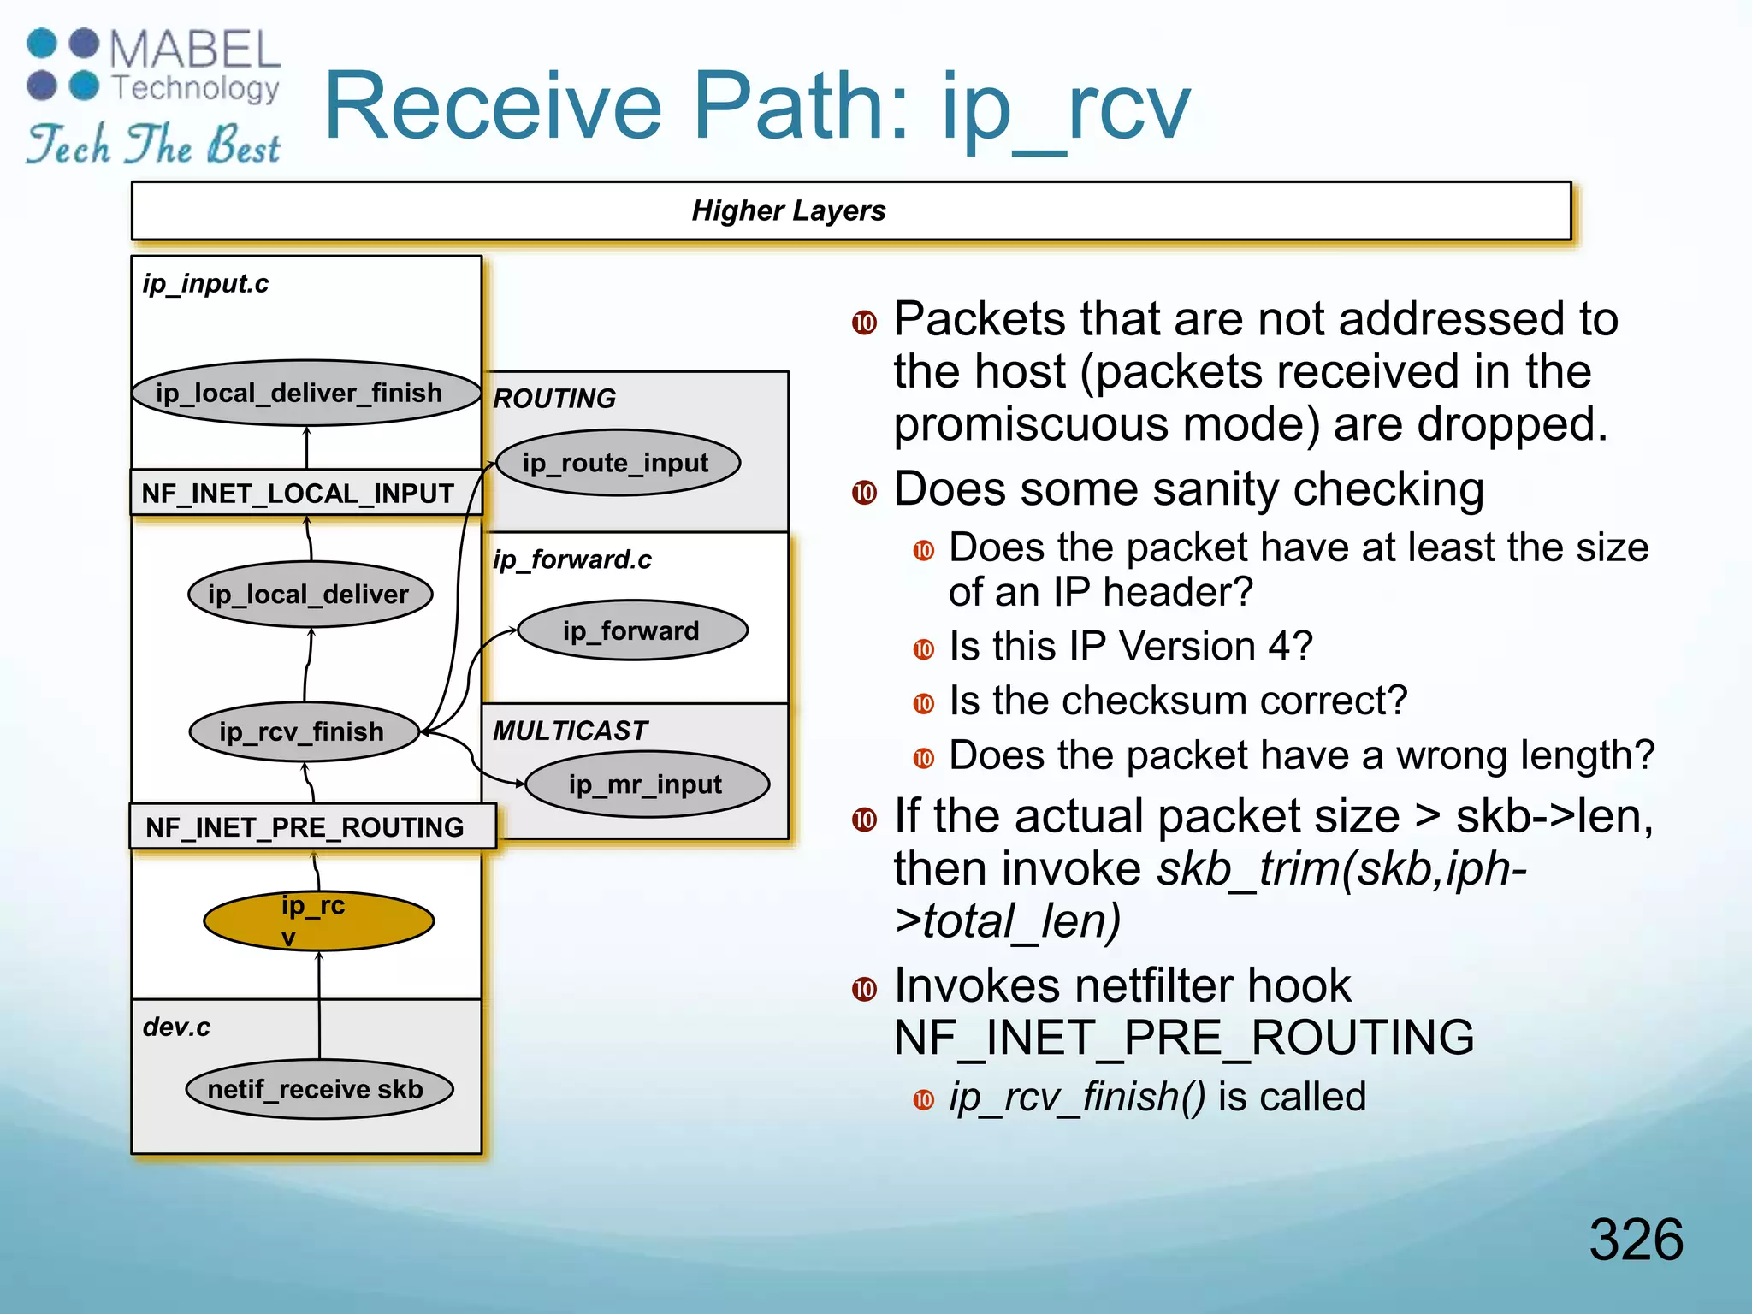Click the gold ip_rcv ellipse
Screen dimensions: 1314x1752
(318, 920)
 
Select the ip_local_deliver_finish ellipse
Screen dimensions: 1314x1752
(306, 394)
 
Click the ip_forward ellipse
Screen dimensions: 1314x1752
(632, 630)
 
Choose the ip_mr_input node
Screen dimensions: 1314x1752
(647, 784)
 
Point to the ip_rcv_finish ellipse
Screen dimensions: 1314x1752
(304, 731)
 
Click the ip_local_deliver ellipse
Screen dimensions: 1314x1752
(310, 594)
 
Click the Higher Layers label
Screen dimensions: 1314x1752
(788, 210)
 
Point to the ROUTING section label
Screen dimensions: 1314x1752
(554, 399)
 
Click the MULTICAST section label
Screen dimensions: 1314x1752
(570, 731)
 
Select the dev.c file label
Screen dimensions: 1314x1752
(176, 1027)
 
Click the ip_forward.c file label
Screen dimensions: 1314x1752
(571, 559)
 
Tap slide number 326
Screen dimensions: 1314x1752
(1635, 1239)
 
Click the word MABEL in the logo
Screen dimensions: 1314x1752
(195, 50)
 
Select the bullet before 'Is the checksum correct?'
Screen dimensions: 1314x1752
(923, 703)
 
